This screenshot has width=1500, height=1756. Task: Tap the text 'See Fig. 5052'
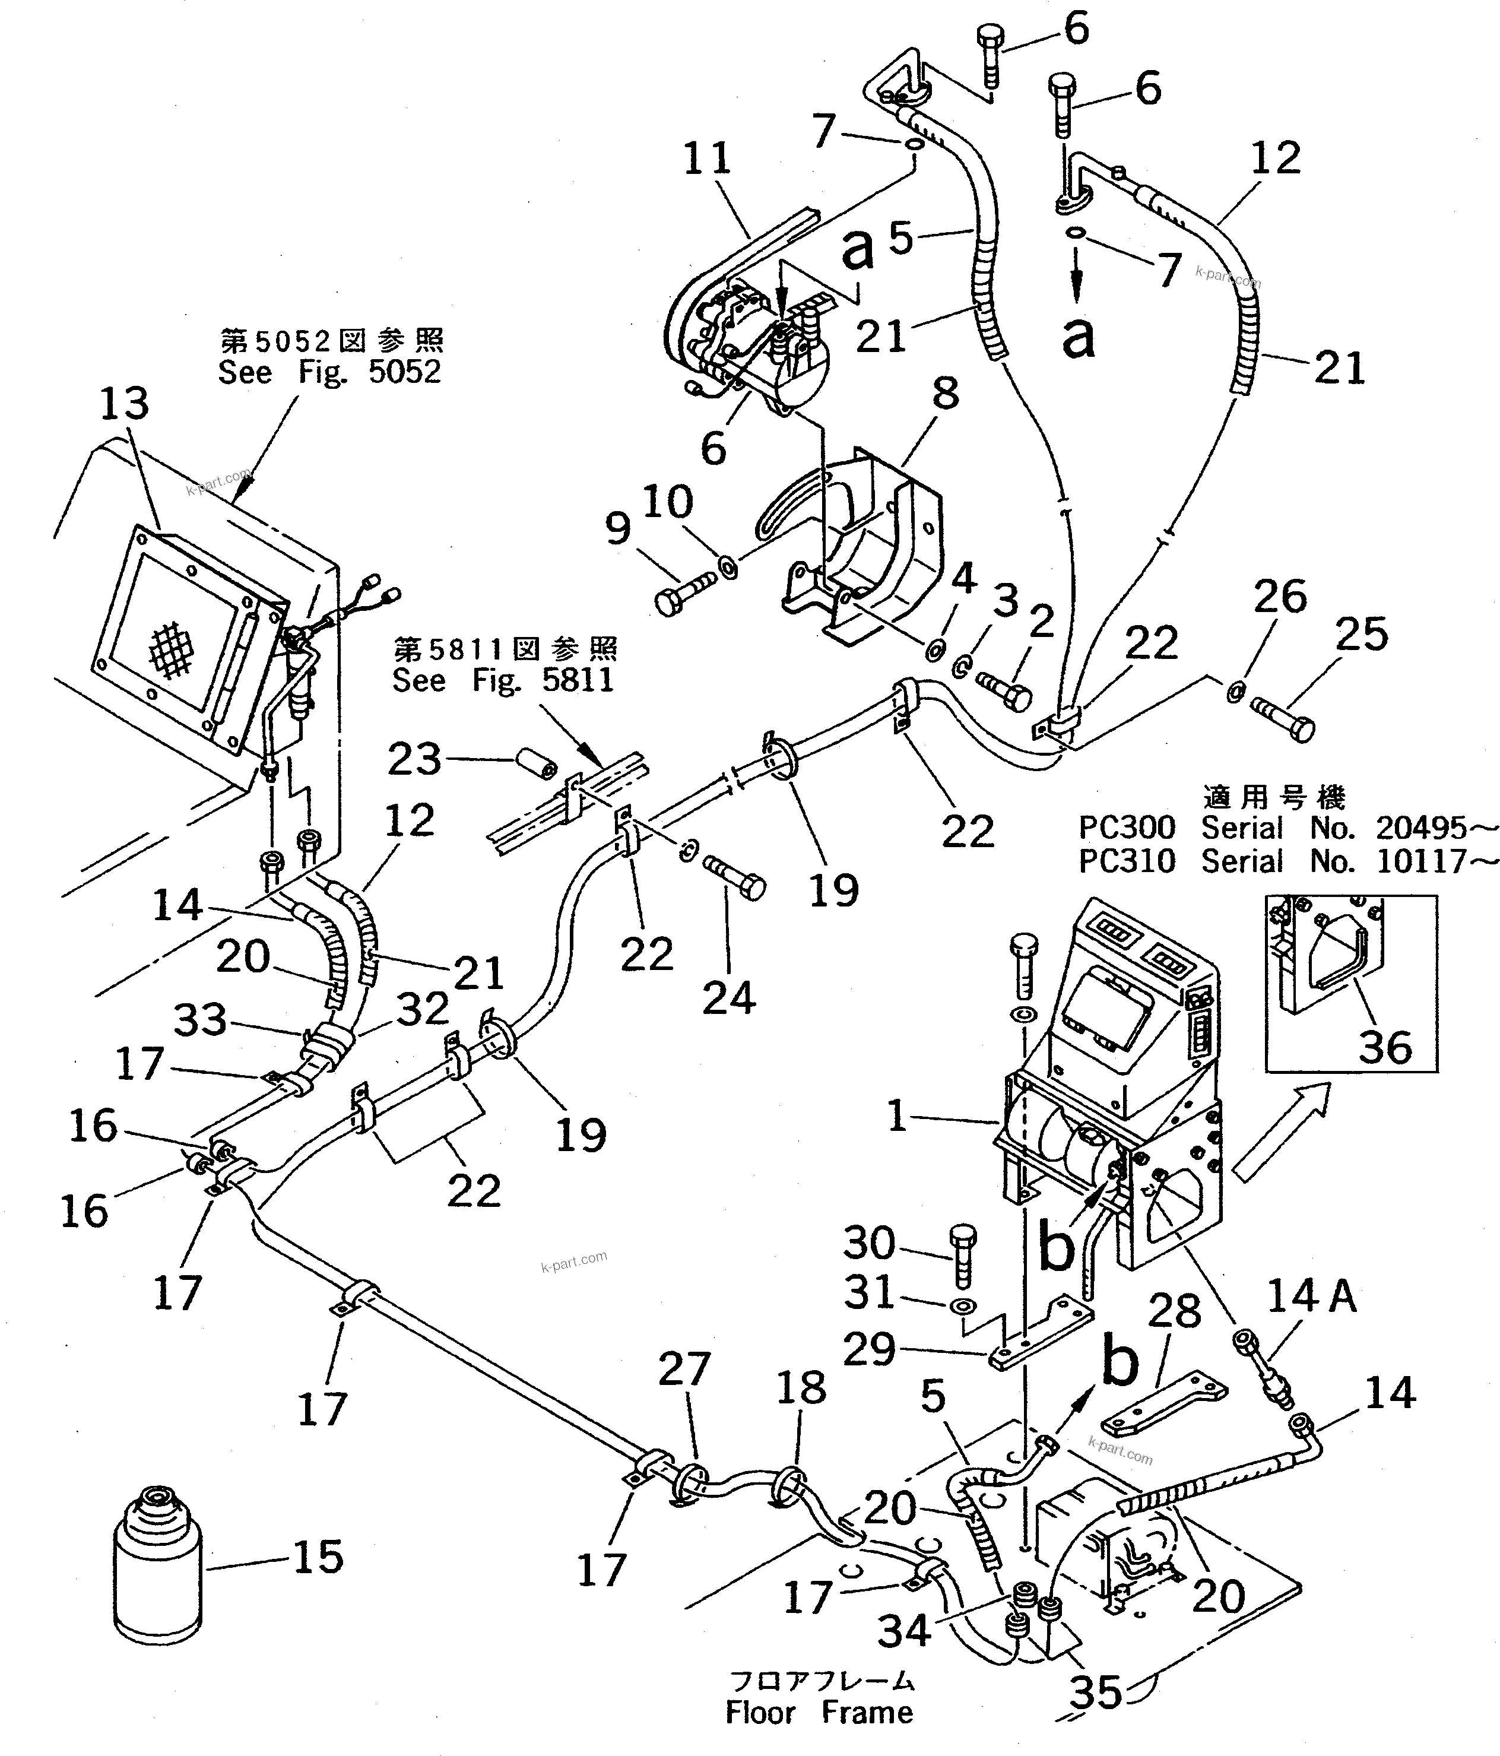[329, 372]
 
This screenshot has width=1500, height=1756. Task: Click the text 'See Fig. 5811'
[503, 680]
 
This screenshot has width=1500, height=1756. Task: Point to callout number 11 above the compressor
[707, 159]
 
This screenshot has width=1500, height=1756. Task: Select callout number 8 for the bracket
[945, 392]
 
